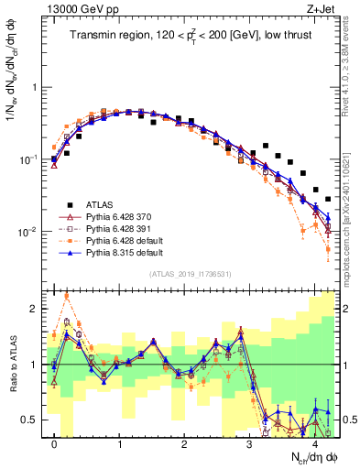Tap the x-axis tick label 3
(x=250, y=446)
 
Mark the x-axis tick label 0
(x=55, y=446)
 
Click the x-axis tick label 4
(x=315, y=446)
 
